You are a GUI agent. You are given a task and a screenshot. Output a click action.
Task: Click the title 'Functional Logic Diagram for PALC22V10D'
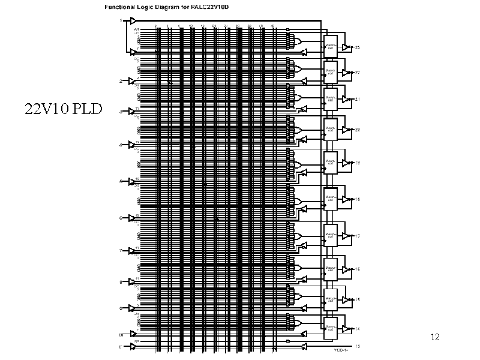(x=170, y=7)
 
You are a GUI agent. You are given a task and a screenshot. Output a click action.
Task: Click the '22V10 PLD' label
(x=64, y=109)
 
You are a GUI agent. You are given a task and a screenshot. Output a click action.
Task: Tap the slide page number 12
(x=436, y=337)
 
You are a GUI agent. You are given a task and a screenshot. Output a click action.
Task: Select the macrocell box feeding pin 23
(x=331, y=45)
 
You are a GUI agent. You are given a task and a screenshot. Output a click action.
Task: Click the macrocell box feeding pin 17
(x=331, y=232)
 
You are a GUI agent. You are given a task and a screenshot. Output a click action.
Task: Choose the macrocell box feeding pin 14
(x=331, y=326)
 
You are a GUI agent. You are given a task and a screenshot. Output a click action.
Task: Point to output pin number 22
(x=358, y=73)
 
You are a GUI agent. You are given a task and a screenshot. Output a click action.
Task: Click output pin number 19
(x=358, y=163)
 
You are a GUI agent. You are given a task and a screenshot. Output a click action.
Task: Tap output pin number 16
(x=358, y=269)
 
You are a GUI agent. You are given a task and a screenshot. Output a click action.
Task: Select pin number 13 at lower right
(x=358, y=346)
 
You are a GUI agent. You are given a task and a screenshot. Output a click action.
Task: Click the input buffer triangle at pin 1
(x=134, y=21)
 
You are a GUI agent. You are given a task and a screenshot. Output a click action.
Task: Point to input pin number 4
(x=120, y=145)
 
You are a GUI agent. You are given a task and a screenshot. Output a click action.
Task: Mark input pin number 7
(x=120, y=250)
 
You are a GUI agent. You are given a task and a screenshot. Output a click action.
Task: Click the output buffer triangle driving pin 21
(x=346, y=99)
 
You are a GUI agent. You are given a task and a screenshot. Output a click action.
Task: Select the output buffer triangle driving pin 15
(x=346, y=299)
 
